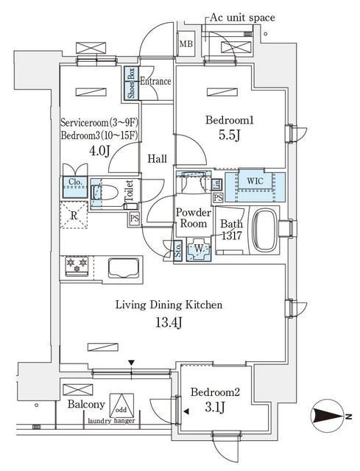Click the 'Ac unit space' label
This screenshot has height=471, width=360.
point(242,16)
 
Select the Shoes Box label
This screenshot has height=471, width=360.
point(131,83)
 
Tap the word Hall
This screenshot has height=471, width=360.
point(156,158)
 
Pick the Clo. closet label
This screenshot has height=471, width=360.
point(74,183)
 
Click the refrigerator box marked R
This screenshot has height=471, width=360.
point(74,216)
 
